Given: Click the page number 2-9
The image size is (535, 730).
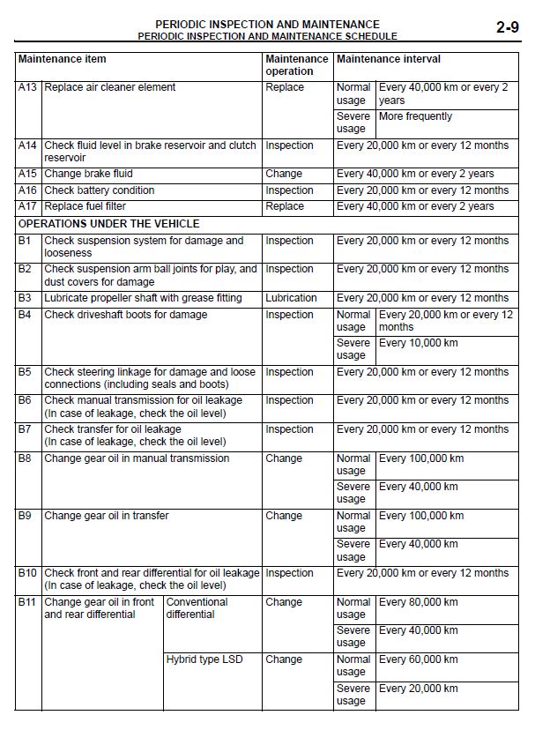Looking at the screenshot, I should coord(506,27).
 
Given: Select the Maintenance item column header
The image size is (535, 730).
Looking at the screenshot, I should coord(63,59).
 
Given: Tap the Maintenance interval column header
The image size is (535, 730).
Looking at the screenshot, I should coord(388,59).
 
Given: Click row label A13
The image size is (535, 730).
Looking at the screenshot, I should coord(28,87).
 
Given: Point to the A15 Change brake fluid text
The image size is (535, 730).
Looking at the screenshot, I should coord(87,174).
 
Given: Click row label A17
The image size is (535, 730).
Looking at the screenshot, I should coord(28,206).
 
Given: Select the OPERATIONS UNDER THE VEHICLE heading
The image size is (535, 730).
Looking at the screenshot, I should coord(108,224).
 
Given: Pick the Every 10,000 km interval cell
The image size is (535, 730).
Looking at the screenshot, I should coord(419,343).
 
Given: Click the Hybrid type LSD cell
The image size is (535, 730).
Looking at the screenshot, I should coord(204,659).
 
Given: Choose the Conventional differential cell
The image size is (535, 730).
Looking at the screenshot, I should coord(197,608).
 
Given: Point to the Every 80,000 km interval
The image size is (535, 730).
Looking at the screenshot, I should coord(419,602).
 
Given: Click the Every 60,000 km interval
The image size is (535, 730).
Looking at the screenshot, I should coord(419,659).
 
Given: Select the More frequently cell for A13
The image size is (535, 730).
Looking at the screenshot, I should coord(415,116).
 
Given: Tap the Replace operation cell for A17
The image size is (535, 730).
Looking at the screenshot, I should coord(284,206).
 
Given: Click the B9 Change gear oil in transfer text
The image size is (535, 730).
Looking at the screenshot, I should coord(107,516).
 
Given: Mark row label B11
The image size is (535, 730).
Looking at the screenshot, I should coord(27,602).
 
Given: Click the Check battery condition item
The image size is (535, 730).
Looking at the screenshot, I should coord(100,190).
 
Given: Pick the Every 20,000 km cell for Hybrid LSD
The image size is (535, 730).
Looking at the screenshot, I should coord(419,689).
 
